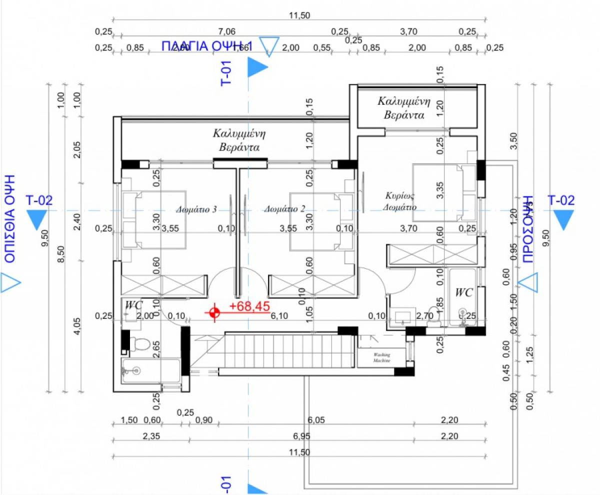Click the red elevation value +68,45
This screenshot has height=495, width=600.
tap(249, 306)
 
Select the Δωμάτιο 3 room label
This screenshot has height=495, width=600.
tap(196, 210)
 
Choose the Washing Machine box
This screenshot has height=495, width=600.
tap(382, 357)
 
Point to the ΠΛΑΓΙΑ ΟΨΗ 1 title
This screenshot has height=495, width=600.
tap(207, 47)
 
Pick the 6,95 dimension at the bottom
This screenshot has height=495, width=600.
tap(301, 436)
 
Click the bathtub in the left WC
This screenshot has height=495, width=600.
tap(150, 370)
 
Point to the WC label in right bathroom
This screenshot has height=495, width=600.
tap(464, 293)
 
